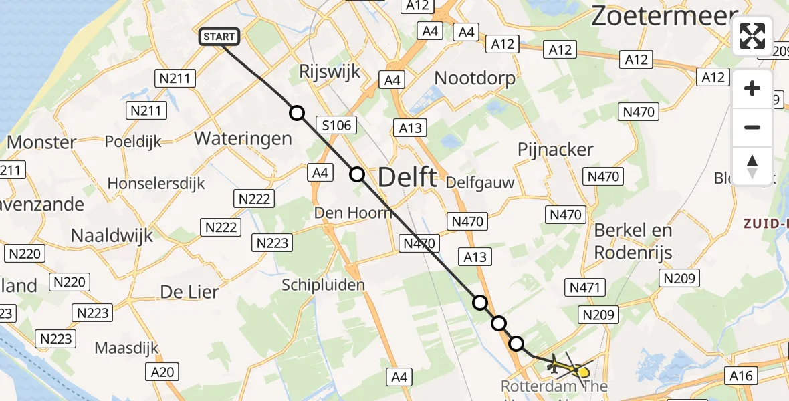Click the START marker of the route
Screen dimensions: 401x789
coord(219,37)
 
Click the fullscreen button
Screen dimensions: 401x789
coord(752,36)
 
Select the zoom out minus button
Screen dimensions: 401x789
coord(752,128)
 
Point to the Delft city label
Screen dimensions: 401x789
coord(407,178)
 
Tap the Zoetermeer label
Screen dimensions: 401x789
coord(664,17)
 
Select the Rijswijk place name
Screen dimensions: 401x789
coord(330,72)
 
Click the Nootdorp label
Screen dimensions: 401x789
coord(475,78)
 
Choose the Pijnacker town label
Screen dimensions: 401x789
coord(556,150)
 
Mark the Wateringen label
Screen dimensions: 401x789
coord(243,138)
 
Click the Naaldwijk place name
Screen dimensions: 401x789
coord(112,235)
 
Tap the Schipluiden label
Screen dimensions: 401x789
coord(323,285)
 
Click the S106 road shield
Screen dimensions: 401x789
coord(336,124)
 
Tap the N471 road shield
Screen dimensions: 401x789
coord(585,288)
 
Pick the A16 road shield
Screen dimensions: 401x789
coord(742,376)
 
